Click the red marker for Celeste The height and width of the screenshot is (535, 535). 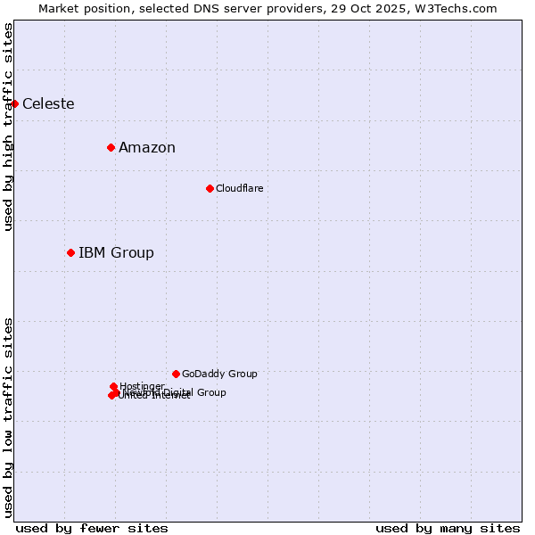[14, 104]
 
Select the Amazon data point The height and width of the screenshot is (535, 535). [111, 147]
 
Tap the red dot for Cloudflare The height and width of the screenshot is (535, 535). [210, 188]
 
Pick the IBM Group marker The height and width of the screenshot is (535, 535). [70, 253]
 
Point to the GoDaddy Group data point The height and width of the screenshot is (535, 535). [176, 374]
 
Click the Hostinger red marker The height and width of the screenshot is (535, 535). [113, 386]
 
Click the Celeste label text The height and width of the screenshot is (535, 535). [48, 104]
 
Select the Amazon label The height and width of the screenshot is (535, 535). [147, 148]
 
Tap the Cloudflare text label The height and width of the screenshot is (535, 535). [239, 188]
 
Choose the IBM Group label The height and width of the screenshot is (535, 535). [116, 253]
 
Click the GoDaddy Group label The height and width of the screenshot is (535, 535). [219, 374]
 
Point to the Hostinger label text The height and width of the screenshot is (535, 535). [142, 386]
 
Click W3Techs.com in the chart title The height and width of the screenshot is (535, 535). [459, 9]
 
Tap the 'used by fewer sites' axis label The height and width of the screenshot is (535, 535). [92, 528]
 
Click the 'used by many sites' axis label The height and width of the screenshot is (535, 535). [448, 528]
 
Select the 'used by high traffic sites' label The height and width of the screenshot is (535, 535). [9, 127]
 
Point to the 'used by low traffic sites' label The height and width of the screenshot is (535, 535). [9, 417]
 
